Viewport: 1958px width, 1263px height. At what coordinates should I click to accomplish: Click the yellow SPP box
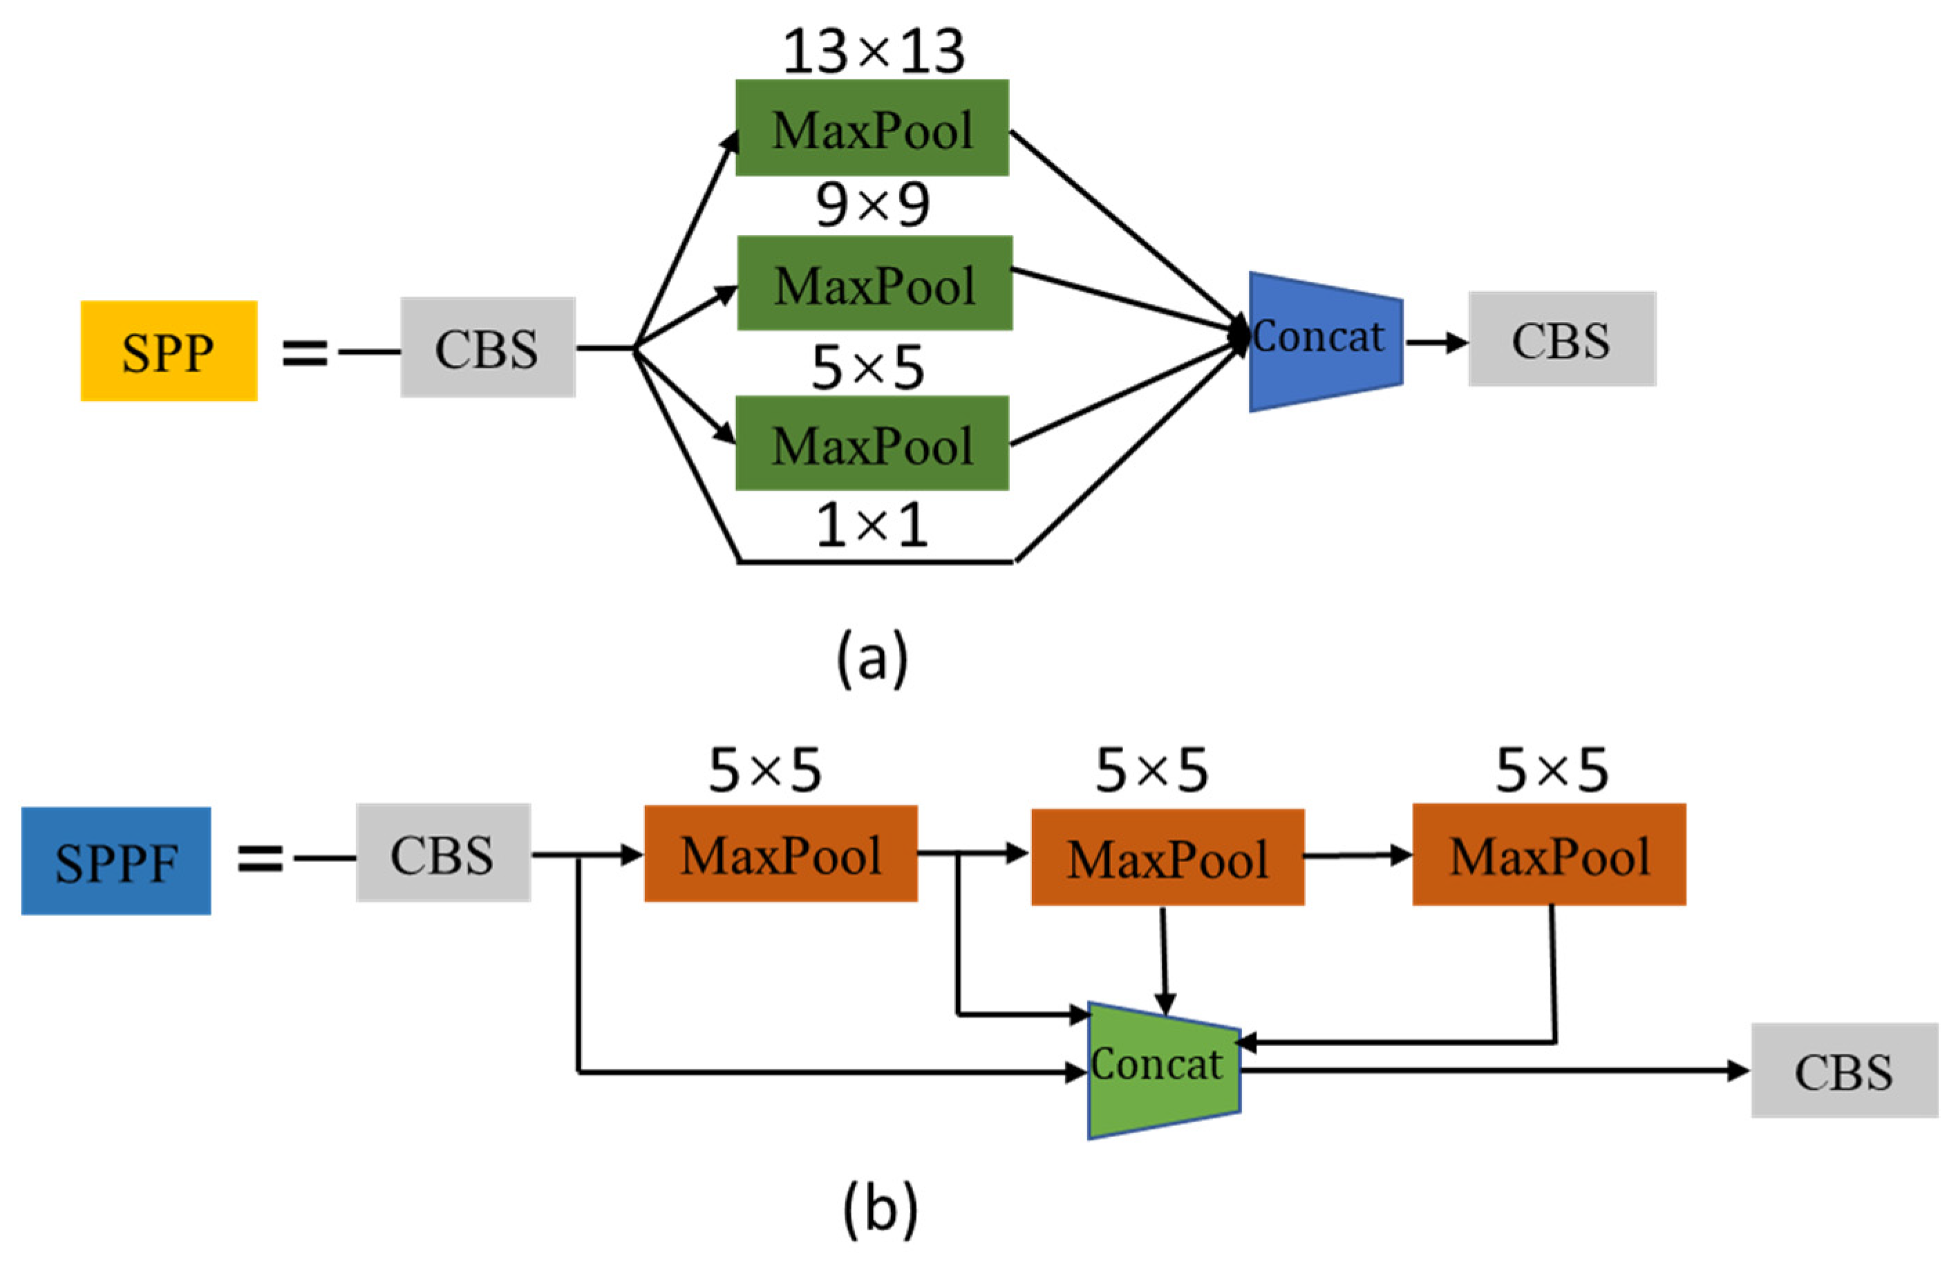168,351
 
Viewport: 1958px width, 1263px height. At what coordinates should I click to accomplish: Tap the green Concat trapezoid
1162,1069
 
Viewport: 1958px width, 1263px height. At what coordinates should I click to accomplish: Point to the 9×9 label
872,205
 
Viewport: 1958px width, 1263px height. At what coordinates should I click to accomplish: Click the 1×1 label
872,525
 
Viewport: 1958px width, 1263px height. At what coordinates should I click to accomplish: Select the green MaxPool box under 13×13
872,128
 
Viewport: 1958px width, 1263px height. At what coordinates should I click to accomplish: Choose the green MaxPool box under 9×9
874,283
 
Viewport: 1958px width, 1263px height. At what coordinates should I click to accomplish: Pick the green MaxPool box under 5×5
872,444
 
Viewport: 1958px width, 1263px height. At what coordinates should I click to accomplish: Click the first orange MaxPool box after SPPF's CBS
780,854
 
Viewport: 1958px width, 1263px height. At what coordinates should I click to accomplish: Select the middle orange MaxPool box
1167,858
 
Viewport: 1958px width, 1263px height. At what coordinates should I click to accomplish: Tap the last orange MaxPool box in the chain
1549,854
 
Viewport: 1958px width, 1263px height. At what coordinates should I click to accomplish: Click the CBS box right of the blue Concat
1561,339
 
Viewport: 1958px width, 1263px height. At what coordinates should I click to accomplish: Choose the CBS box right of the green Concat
1844,1069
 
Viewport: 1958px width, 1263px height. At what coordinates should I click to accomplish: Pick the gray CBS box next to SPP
487,348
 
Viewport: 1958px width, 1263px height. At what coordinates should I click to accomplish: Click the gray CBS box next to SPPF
443,853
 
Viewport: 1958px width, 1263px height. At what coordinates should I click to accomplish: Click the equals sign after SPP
305,353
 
